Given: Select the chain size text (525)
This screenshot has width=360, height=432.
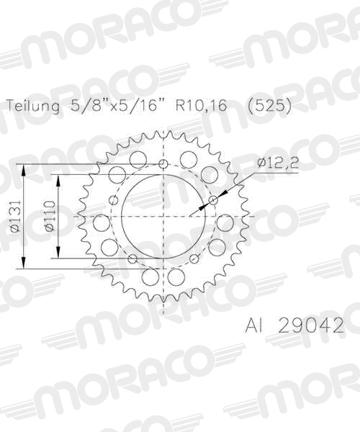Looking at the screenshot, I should point(269,105).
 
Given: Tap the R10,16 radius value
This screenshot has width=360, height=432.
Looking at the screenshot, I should point(201,105).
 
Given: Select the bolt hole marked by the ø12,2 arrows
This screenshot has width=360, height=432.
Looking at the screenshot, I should point(212,199).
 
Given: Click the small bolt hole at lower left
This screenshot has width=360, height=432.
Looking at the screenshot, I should point(132,258).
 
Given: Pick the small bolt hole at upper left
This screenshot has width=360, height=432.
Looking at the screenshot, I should point(114,199).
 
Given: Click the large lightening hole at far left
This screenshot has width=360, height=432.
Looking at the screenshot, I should point(102,222).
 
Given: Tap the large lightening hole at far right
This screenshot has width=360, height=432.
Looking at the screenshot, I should point(225,222).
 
